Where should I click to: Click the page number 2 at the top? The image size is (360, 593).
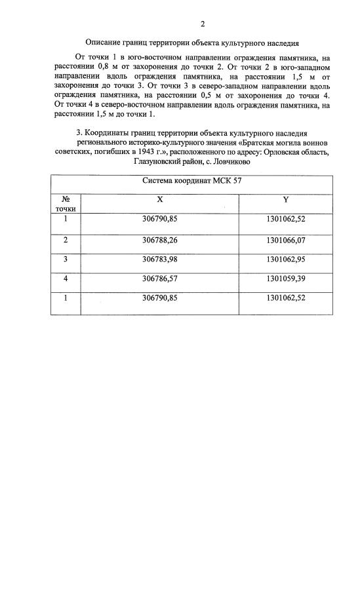(x=203, y=25)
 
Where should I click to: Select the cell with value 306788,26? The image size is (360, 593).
(x=160, y=240)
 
